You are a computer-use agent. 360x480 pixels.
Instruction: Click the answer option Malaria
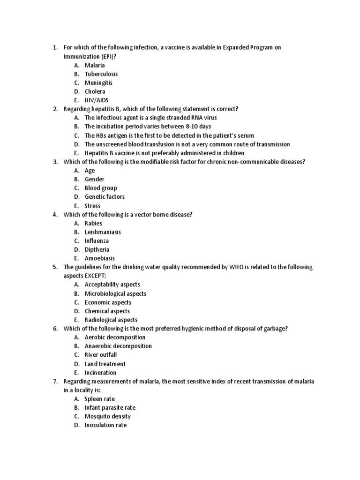pos(94,65)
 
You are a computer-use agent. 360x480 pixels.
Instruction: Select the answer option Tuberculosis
pos(101,74)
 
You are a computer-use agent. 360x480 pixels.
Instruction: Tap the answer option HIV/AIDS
pos(97,100)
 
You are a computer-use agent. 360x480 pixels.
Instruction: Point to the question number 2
pos(55,109)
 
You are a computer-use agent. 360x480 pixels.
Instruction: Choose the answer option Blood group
pos(100,188)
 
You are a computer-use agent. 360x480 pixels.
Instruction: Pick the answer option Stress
pos(92,206)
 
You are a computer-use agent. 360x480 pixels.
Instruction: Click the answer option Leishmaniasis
pos(103,232)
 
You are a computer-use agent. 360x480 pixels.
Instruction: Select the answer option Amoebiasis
pos(99,258)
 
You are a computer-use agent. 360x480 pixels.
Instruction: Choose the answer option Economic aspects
pos(107,302)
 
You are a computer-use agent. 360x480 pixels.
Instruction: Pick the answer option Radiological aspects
pos(111,320)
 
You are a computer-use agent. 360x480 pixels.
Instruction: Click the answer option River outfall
pos(100,355)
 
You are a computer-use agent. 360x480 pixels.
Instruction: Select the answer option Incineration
pos(100,373)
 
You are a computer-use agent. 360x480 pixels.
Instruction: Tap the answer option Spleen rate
pos(99,399)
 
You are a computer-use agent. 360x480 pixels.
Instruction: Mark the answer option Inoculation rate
pos(105,425)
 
